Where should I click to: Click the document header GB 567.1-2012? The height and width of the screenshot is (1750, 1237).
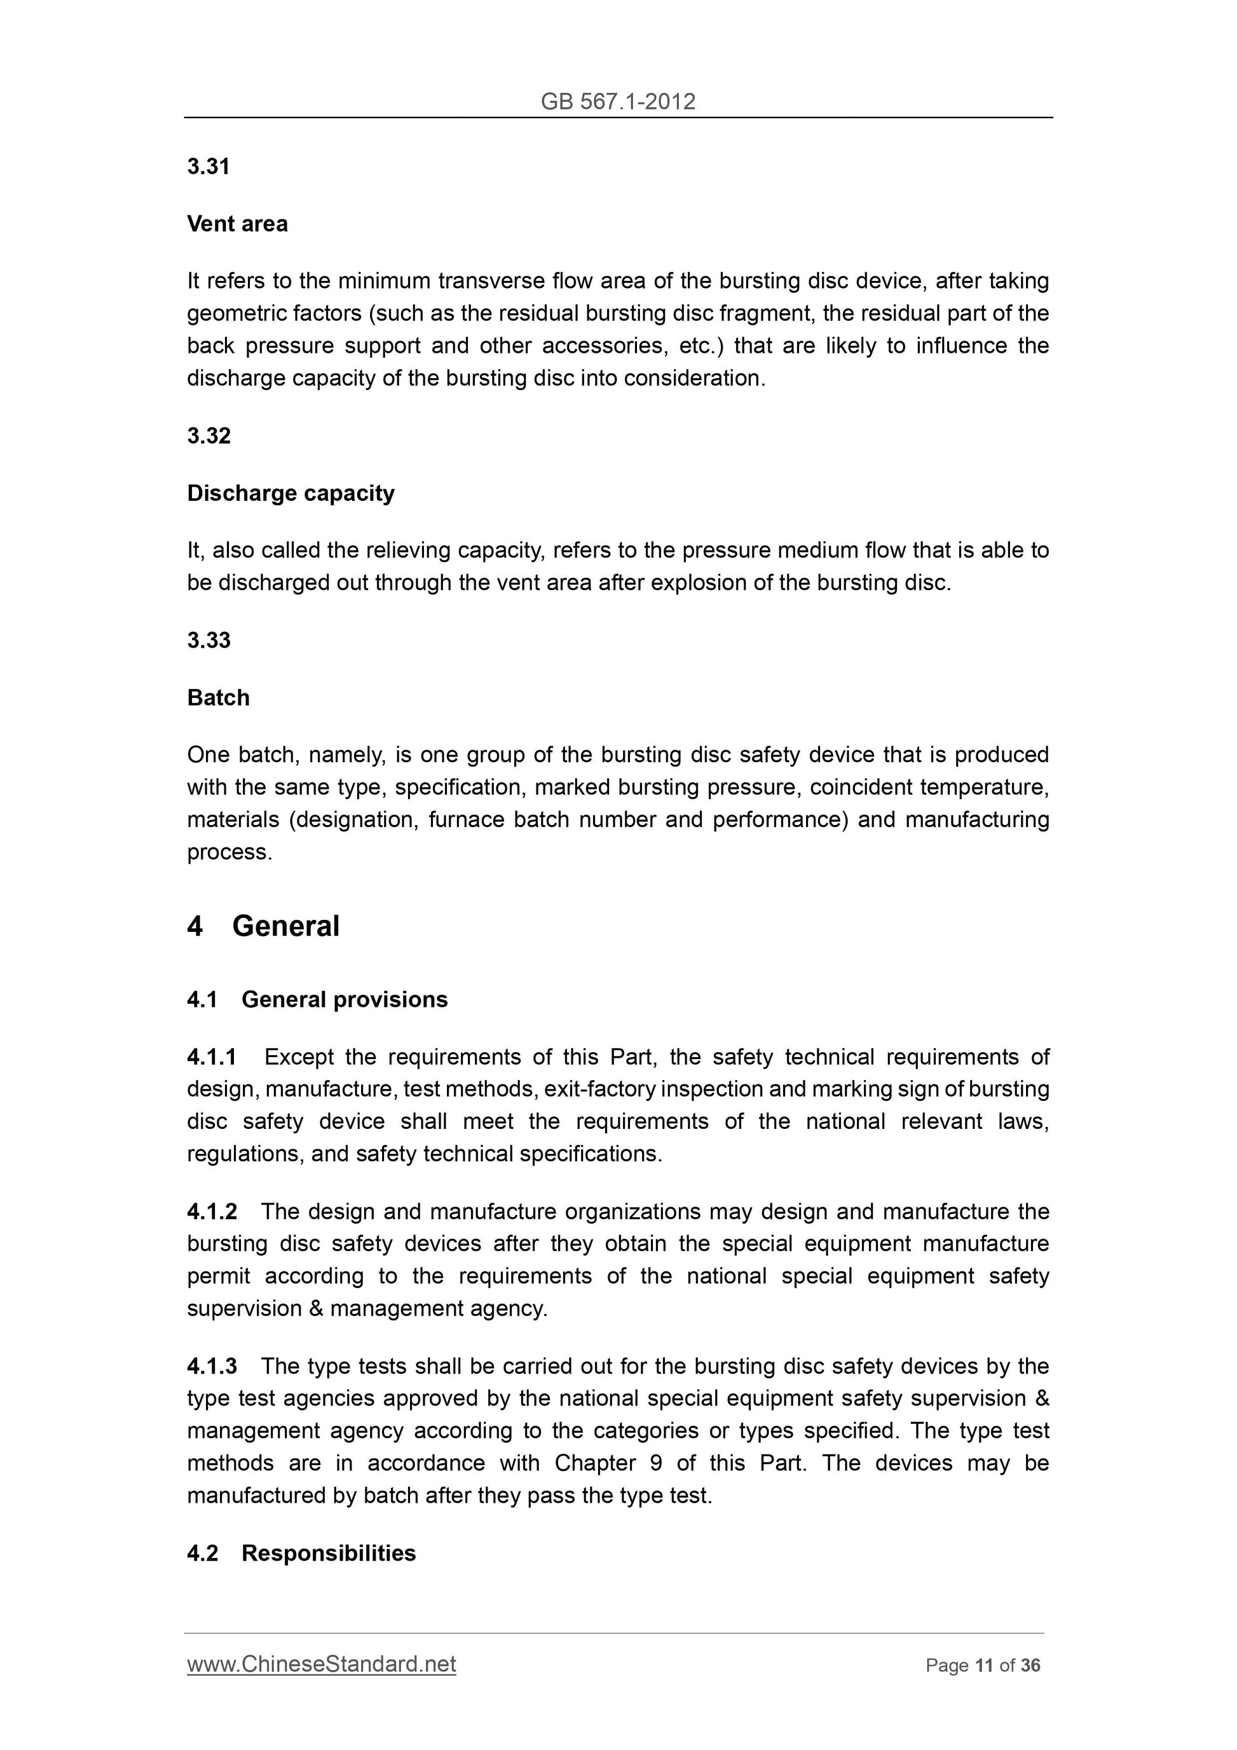point(617,101)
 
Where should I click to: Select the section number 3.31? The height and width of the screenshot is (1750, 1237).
point(208,166)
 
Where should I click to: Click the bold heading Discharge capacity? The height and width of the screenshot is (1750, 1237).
point(290,493)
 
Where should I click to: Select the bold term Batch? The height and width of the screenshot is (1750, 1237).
point(218,697)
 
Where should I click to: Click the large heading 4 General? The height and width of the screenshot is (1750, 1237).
point(263,926)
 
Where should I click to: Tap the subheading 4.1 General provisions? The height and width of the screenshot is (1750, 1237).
point(317,999)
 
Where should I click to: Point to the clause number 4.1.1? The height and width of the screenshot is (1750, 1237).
point(211,1056)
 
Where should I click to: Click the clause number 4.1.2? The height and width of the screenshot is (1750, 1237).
point(211,1211)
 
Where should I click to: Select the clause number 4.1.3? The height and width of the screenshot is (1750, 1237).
point(211,1366)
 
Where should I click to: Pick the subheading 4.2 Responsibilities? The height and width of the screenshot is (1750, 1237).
point(301,1554)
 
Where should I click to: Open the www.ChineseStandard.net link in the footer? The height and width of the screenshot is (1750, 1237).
point(321,1664)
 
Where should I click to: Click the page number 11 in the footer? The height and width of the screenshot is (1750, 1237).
point(983,1665)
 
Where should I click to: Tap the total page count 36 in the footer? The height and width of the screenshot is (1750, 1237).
point(1030,1665)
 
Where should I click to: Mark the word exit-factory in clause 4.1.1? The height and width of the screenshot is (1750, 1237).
point(601,1089)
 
